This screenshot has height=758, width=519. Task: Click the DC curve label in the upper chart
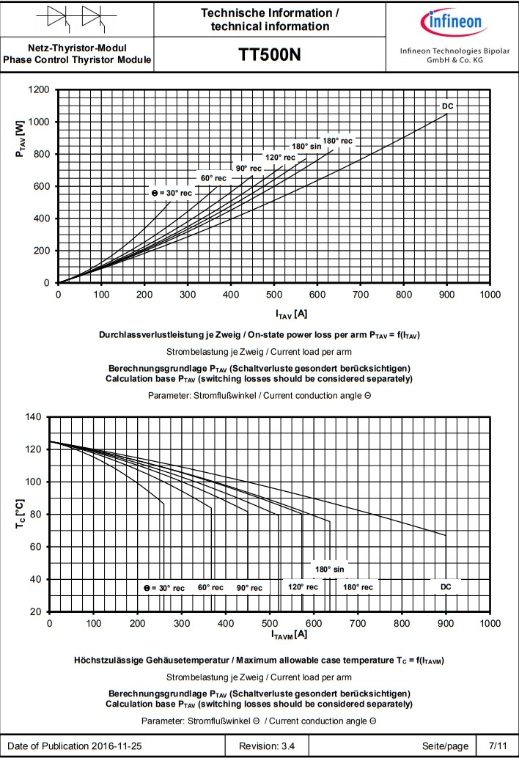click(448, 106)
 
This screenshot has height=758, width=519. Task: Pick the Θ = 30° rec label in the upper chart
click(172, 193)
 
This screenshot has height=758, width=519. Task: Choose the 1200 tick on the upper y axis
click(37, 89)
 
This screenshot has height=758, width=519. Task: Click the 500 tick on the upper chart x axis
click(274, 295)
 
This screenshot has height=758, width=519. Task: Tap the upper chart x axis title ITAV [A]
click(291, 314)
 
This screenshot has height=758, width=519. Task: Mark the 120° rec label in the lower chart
click(303, 587)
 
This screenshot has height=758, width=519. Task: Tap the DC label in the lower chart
click(446, 587)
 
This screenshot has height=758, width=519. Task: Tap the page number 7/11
click(497, 746)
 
